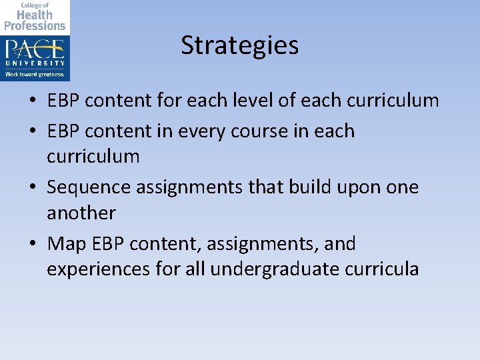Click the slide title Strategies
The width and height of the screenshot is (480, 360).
point(239,45)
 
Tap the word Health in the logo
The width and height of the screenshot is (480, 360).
point(34,15)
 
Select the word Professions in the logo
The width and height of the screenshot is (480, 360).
point(35,25)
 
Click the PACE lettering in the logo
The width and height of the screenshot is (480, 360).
point(35,49)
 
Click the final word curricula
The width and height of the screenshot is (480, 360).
point(387,269)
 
